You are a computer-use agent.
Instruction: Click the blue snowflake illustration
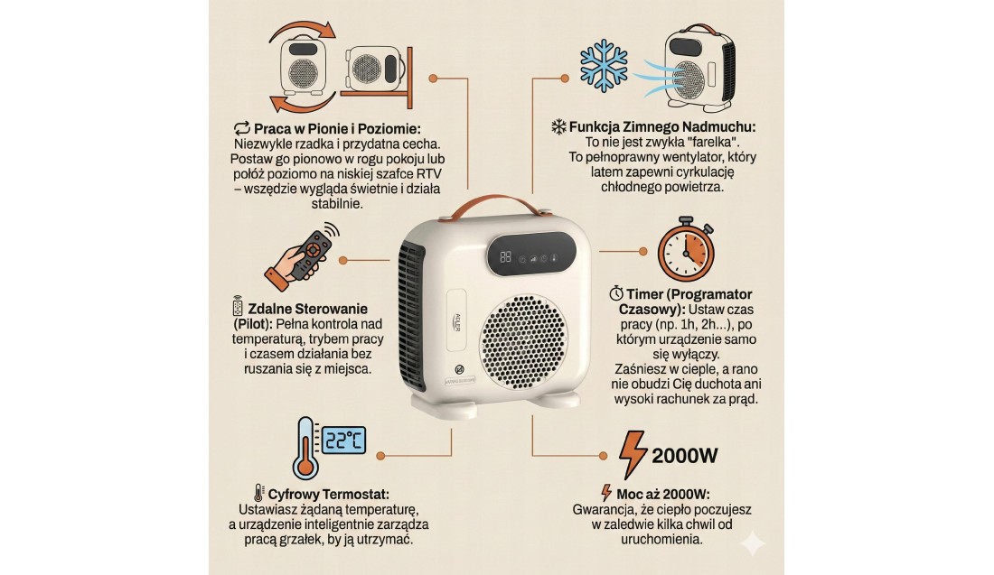tap(604, 66)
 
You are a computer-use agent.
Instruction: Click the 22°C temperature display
tap(344, 441)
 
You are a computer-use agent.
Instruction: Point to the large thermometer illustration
tap(305, 449)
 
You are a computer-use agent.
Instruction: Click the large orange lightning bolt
tap(633, 454)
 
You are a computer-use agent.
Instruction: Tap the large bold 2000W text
tap(685, 456)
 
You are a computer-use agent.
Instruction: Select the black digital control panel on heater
tap(531, 254)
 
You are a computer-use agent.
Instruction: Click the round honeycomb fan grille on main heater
tap(523, 342)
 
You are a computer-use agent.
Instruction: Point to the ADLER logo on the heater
tap(458, 320)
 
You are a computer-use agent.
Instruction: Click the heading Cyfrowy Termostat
tap(328, 495)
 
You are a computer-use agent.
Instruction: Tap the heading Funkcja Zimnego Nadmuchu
tap(662, 127)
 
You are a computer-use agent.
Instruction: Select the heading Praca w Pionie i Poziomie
tap(337, 129)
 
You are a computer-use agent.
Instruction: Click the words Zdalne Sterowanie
tap(307, 309)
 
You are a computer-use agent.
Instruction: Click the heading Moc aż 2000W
tap(663, 495)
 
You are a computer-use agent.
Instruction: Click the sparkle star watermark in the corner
tap(753, 543)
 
